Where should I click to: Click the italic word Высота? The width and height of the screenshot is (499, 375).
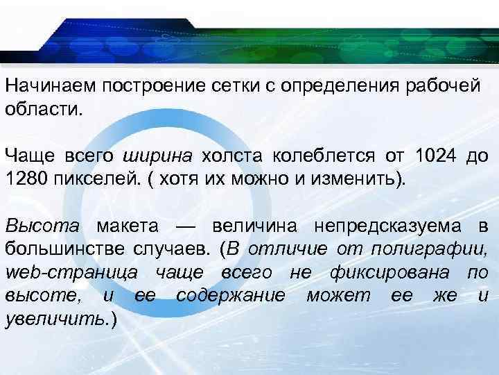[42, 226]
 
